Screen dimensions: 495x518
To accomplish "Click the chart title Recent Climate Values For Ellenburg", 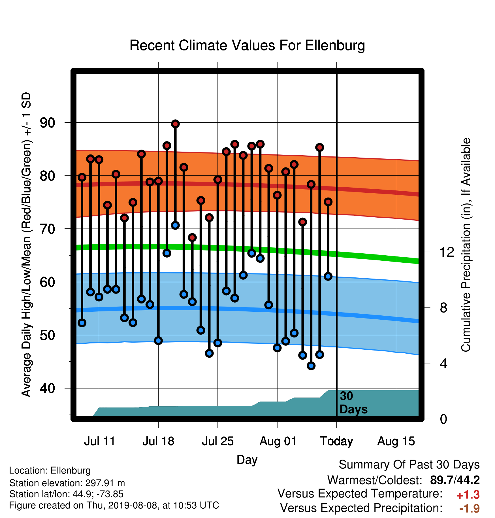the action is click(x=247, y=45).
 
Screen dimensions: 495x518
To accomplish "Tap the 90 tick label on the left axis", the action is click(x=48, y=123).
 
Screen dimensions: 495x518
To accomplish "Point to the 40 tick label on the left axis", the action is click(x=48, y=388).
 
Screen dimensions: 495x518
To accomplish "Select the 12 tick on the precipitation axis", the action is click(x=447, y=252).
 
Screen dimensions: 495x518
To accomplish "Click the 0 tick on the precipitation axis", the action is click(x=444, y=419).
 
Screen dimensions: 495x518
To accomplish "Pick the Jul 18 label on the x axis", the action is click(x=158, y=441).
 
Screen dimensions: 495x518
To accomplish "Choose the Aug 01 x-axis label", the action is click(x=278, y=441).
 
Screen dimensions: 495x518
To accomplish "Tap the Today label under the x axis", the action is click(x=336, y=441).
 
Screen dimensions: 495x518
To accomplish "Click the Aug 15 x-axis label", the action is click(x=396, y=441).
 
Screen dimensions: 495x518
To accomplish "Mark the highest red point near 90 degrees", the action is click(x=175, y=124).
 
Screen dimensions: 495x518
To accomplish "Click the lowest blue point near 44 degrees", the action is click(x=311, y=366).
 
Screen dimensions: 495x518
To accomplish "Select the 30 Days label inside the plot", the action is click(x=353, y=403).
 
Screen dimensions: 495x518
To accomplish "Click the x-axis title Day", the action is click(x=247, y=460).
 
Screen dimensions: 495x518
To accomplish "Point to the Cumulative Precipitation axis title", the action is click(x=466, y=245).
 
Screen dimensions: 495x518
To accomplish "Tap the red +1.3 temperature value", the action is click(x=468, y=495).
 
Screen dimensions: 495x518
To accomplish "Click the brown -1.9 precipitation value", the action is click(x=470, y=508).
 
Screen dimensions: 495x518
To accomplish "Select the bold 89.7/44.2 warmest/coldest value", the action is click(x=455, y=480).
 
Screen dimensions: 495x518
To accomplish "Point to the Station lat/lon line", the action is click(x=66, y=494).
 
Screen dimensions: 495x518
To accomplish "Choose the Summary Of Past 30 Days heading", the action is click(x=409, y=465).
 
